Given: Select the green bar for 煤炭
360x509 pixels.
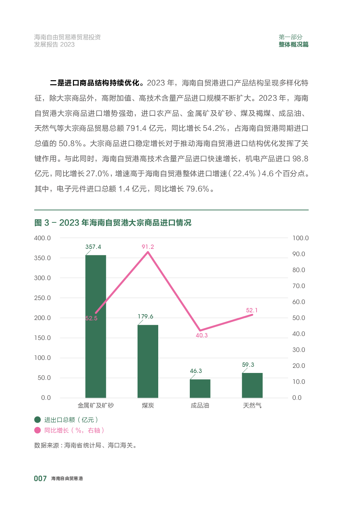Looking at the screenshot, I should tap(148, 361).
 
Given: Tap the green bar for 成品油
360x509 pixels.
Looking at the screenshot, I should tap(200, 388).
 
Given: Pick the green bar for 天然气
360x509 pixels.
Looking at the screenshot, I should tap(252, 385).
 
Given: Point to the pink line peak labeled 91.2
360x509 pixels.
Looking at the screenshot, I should tap(148, 252).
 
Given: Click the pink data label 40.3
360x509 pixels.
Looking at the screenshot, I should tap(202, 335).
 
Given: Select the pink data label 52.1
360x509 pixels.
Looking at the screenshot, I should tap(251, 310).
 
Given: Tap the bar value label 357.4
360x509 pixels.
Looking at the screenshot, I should tap(93, 247).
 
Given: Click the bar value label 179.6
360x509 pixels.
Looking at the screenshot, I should tap(146, 316).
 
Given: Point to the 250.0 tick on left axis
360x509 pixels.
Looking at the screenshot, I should tap(42, 298).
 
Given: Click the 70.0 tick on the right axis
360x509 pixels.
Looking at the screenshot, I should tap(299, 286).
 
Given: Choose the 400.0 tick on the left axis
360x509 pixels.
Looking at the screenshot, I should tap(42, 238).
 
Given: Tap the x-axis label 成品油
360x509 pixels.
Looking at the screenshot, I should tap(200, 405).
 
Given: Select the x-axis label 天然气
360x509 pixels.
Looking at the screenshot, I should tap(252, 405).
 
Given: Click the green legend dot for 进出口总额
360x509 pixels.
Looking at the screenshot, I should tap(37, 420).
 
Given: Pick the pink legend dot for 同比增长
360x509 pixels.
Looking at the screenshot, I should tap(37, 430).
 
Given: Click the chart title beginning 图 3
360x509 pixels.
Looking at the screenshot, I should tap(113, 222).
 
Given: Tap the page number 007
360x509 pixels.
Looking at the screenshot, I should tap(40, 479).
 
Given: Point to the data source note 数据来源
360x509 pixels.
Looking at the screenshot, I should tap(85, 445).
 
